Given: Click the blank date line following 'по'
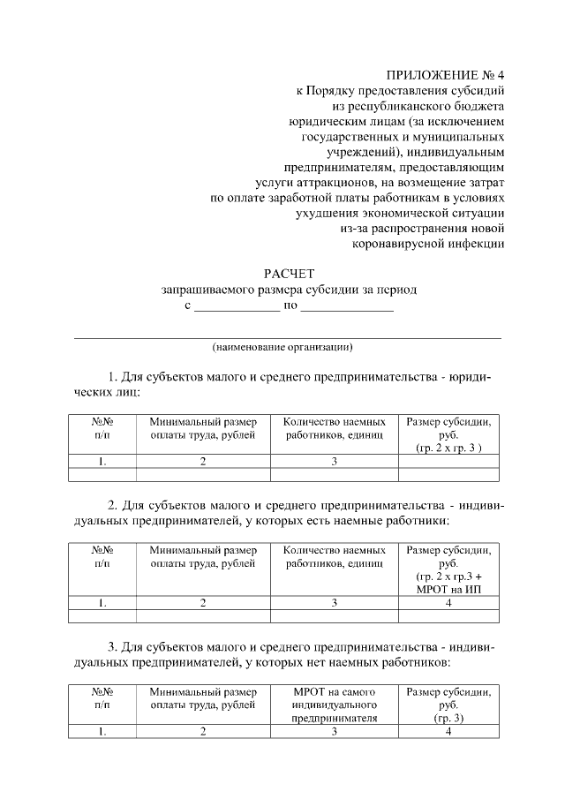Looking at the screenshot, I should point(347,307).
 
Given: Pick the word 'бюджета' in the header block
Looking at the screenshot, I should point(475,105).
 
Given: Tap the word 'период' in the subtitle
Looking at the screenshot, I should point(395,290).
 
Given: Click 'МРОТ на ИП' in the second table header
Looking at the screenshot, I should point(449,589).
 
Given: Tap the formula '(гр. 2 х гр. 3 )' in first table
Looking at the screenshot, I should point(449,448).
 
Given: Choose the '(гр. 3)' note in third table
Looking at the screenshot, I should point(449,719).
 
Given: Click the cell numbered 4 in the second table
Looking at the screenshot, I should point(449,603).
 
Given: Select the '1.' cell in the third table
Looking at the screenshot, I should point(102,732).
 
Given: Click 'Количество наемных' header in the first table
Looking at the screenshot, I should point(335,421).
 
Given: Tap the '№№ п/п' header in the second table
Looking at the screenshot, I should point(102,556).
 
